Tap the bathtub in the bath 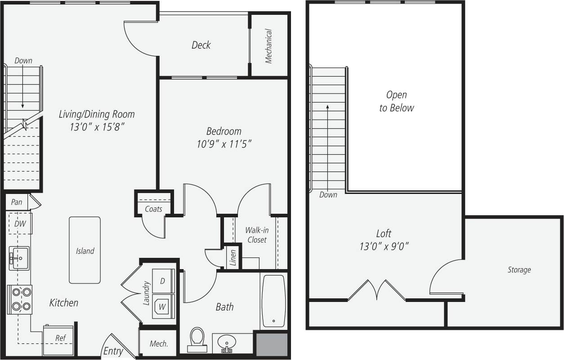click(273, 301)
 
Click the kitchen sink click(19, 258)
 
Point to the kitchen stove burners click(19, 299)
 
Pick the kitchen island click(85, 250)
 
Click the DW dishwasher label click(19, 224)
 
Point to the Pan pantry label click(17, 202)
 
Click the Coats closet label click(153, 209)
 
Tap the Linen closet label click(233, 258)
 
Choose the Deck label click(201, 45)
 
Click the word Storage click(519, 270)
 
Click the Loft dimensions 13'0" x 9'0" click(384, 246)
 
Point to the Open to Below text click(396, 101)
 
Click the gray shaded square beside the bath click(271, 344)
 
